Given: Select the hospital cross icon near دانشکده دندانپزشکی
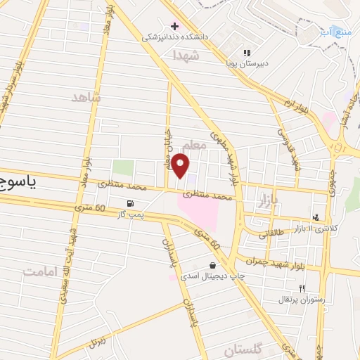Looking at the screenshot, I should [x=174, y=26].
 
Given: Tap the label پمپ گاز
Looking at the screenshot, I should [x=131, y=214].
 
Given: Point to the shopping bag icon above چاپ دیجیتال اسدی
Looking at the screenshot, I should [x=212, y=266].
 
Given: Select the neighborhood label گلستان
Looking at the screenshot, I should [x=242, y=349].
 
